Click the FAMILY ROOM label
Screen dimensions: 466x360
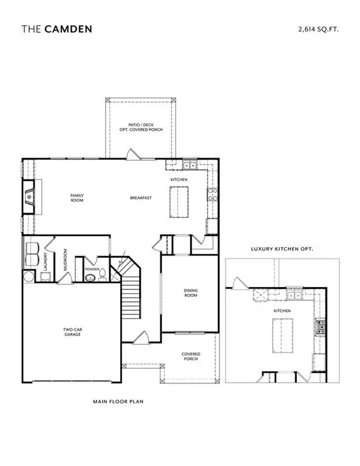pyautogui.click(x=76, y=197)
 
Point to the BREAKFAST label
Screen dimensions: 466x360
pyautogui.click(x=140, y=198)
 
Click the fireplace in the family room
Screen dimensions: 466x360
pyautogui.click(x=29, y=197)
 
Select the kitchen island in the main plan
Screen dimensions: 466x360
pyautogui.click(x=180, y=202)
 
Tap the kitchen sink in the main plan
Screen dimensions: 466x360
pyautogui.click(x=189, y=164)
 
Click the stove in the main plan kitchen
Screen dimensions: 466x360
pyautogui.click(x=213, y=195)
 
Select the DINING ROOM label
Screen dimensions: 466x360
pyautogui.click(x=191, y=293)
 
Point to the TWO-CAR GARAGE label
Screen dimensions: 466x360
pyautogui.click(x=72, y=332)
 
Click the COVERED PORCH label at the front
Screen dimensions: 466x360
pyautogui.click(x=191, y=356)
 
